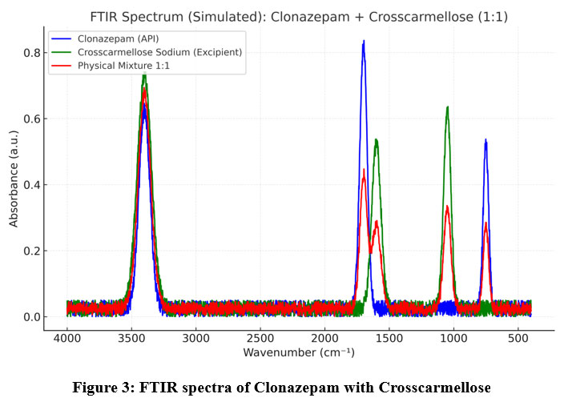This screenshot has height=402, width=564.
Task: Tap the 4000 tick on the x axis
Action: (67, 340)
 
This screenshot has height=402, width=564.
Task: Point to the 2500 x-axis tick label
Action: (260, 340)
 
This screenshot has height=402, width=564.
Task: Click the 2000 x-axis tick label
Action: (324, 340)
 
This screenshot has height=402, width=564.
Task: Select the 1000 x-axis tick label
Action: (453, 340)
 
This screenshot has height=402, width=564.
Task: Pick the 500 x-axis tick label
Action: (518, 340)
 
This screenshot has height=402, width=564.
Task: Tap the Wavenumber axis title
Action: (299, 353)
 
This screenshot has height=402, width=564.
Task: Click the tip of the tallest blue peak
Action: (364, 42)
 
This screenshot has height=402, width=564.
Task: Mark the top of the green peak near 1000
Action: (447, 107)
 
